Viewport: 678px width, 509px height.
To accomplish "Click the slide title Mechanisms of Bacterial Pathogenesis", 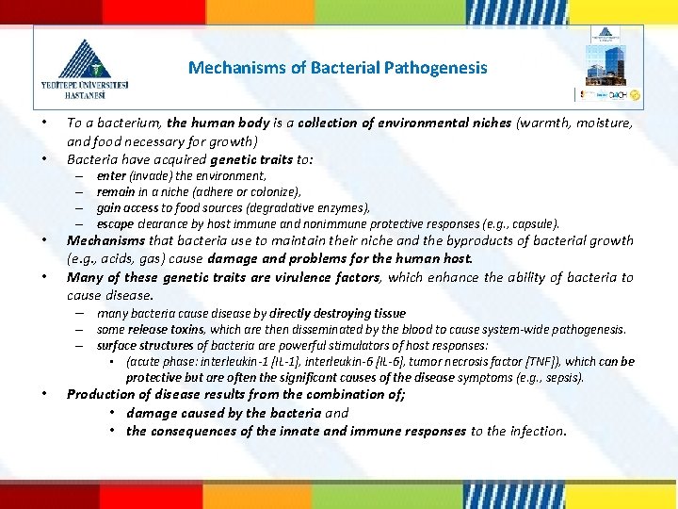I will pos(338,68).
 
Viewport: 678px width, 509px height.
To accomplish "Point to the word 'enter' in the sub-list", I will pos(111,176).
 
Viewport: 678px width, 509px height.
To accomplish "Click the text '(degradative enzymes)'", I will pos(313,208).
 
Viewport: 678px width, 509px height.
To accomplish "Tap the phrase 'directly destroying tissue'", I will pos(337,313).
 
